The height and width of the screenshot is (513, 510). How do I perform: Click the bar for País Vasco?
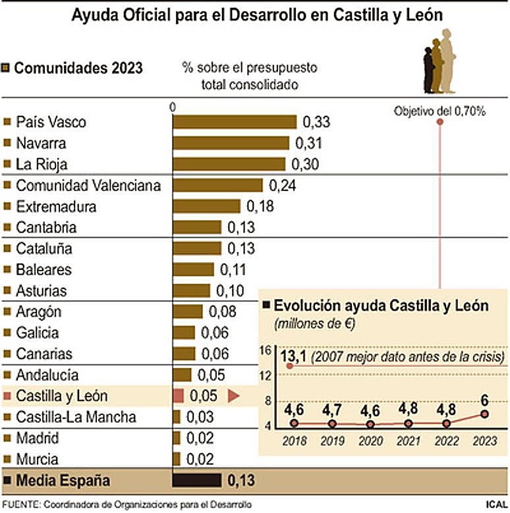coord(235,122)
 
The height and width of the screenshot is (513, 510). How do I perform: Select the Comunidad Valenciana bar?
coord(217,185)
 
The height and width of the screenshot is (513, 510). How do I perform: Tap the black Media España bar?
coord(196,480)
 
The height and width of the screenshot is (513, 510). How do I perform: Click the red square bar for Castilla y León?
coord(177,396)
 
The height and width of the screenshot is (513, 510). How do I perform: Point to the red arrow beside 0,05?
coord(233,396)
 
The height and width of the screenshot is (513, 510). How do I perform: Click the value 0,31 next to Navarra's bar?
coord(309,143)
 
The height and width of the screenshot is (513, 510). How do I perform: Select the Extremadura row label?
coord(56,206)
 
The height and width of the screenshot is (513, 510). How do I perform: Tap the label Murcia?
coord(37,459)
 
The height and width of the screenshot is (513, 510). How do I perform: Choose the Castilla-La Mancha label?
coord(76,417)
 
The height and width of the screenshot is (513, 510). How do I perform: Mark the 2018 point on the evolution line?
coord(294,423)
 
